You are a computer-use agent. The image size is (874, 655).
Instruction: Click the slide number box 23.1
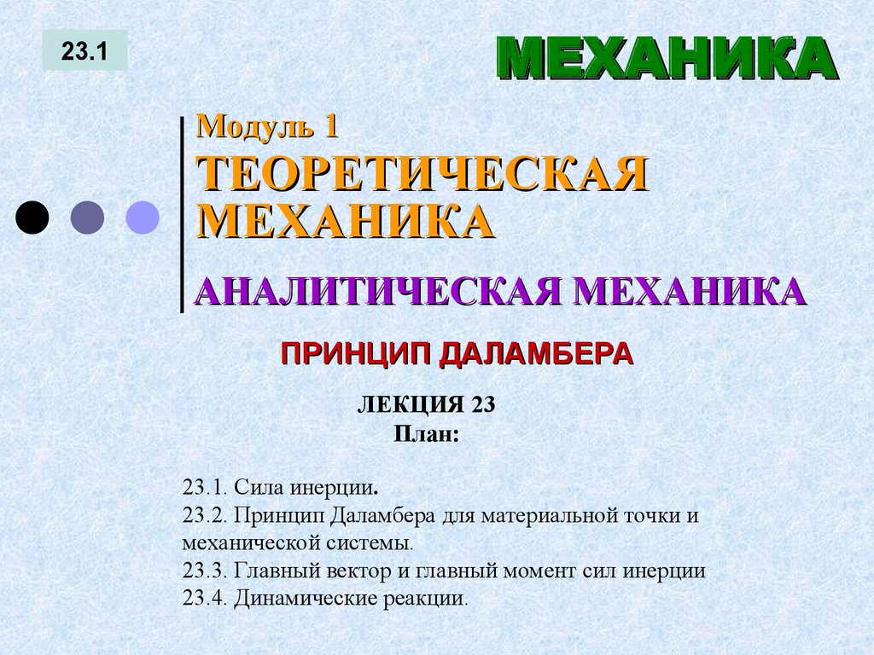point(84,50)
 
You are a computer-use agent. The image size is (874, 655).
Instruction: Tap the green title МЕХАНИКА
point(667,60)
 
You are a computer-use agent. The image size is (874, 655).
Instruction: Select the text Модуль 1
point(268,127)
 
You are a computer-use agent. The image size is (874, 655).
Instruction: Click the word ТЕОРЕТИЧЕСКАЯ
point(422,175)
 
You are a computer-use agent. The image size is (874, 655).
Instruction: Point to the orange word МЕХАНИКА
point(346,220)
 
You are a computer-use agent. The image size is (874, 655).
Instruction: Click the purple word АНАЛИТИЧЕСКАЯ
point(376,292)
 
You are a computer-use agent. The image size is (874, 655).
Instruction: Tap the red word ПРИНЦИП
point(356,353)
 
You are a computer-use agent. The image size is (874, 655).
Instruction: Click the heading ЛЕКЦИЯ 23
point(426,404)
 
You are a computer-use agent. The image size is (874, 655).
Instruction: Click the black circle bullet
point(32,217)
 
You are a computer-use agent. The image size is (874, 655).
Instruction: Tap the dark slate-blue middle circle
point(87,217)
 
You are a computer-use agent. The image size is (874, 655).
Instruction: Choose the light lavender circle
point(143,217)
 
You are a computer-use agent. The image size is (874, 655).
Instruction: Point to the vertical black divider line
point(182,213)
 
